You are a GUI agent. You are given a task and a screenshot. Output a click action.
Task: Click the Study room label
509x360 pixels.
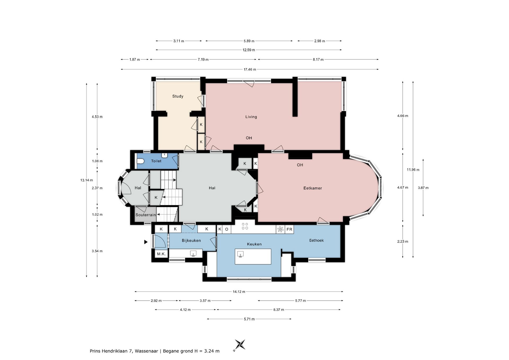tap(178, 96)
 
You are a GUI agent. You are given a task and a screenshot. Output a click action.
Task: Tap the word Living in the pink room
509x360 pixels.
tap(251, 117)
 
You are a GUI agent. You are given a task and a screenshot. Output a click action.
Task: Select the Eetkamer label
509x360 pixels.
tap(313, 188)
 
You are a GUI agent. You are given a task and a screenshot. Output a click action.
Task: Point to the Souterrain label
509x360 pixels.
tap(146, 215)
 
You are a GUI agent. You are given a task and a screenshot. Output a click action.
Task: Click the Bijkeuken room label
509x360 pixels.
tap(191, 241)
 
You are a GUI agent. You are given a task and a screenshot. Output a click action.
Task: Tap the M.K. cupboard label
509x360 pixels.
tap(161, 254)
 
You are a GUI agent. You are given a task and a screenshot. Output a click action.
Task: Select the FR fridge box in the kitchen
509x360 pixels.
tap(289, 229)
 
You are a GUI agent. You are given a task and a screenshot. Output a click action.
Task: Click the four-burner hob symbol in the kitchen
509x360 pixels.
tap(245, 226)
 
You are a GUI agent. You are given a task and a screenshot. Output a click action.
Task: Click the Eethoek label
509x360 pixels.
tap(317, 240)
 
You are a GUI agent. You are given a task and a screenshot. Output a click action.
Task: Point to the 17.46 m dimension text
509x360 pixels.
tap(250, 69)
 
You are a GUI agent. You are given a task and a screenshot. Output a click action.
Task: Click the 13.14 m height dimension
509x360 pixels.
tap(87, 180)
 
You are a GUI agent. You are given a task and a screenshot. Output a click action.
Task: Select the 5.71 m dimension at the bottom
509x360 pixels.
tap(249, 319)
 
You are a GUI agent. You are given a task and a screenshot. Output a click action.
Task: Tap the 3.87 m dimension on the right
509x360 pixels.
tap(423, 188)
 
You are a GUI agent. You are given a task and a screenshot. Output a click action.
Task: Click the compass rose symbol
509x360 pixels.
tap(240, 345)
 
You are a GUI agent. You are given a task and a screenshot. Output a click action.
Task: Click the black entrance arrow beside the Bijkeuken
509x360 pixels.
tap(146, 242)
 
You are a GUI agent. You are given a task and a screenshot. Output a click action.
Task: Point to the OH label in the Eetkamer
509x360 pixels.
tap(300, 165)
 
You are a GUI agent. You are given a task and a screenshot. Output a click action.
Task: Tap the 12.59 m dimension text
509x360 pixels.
tap(249, 50)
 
